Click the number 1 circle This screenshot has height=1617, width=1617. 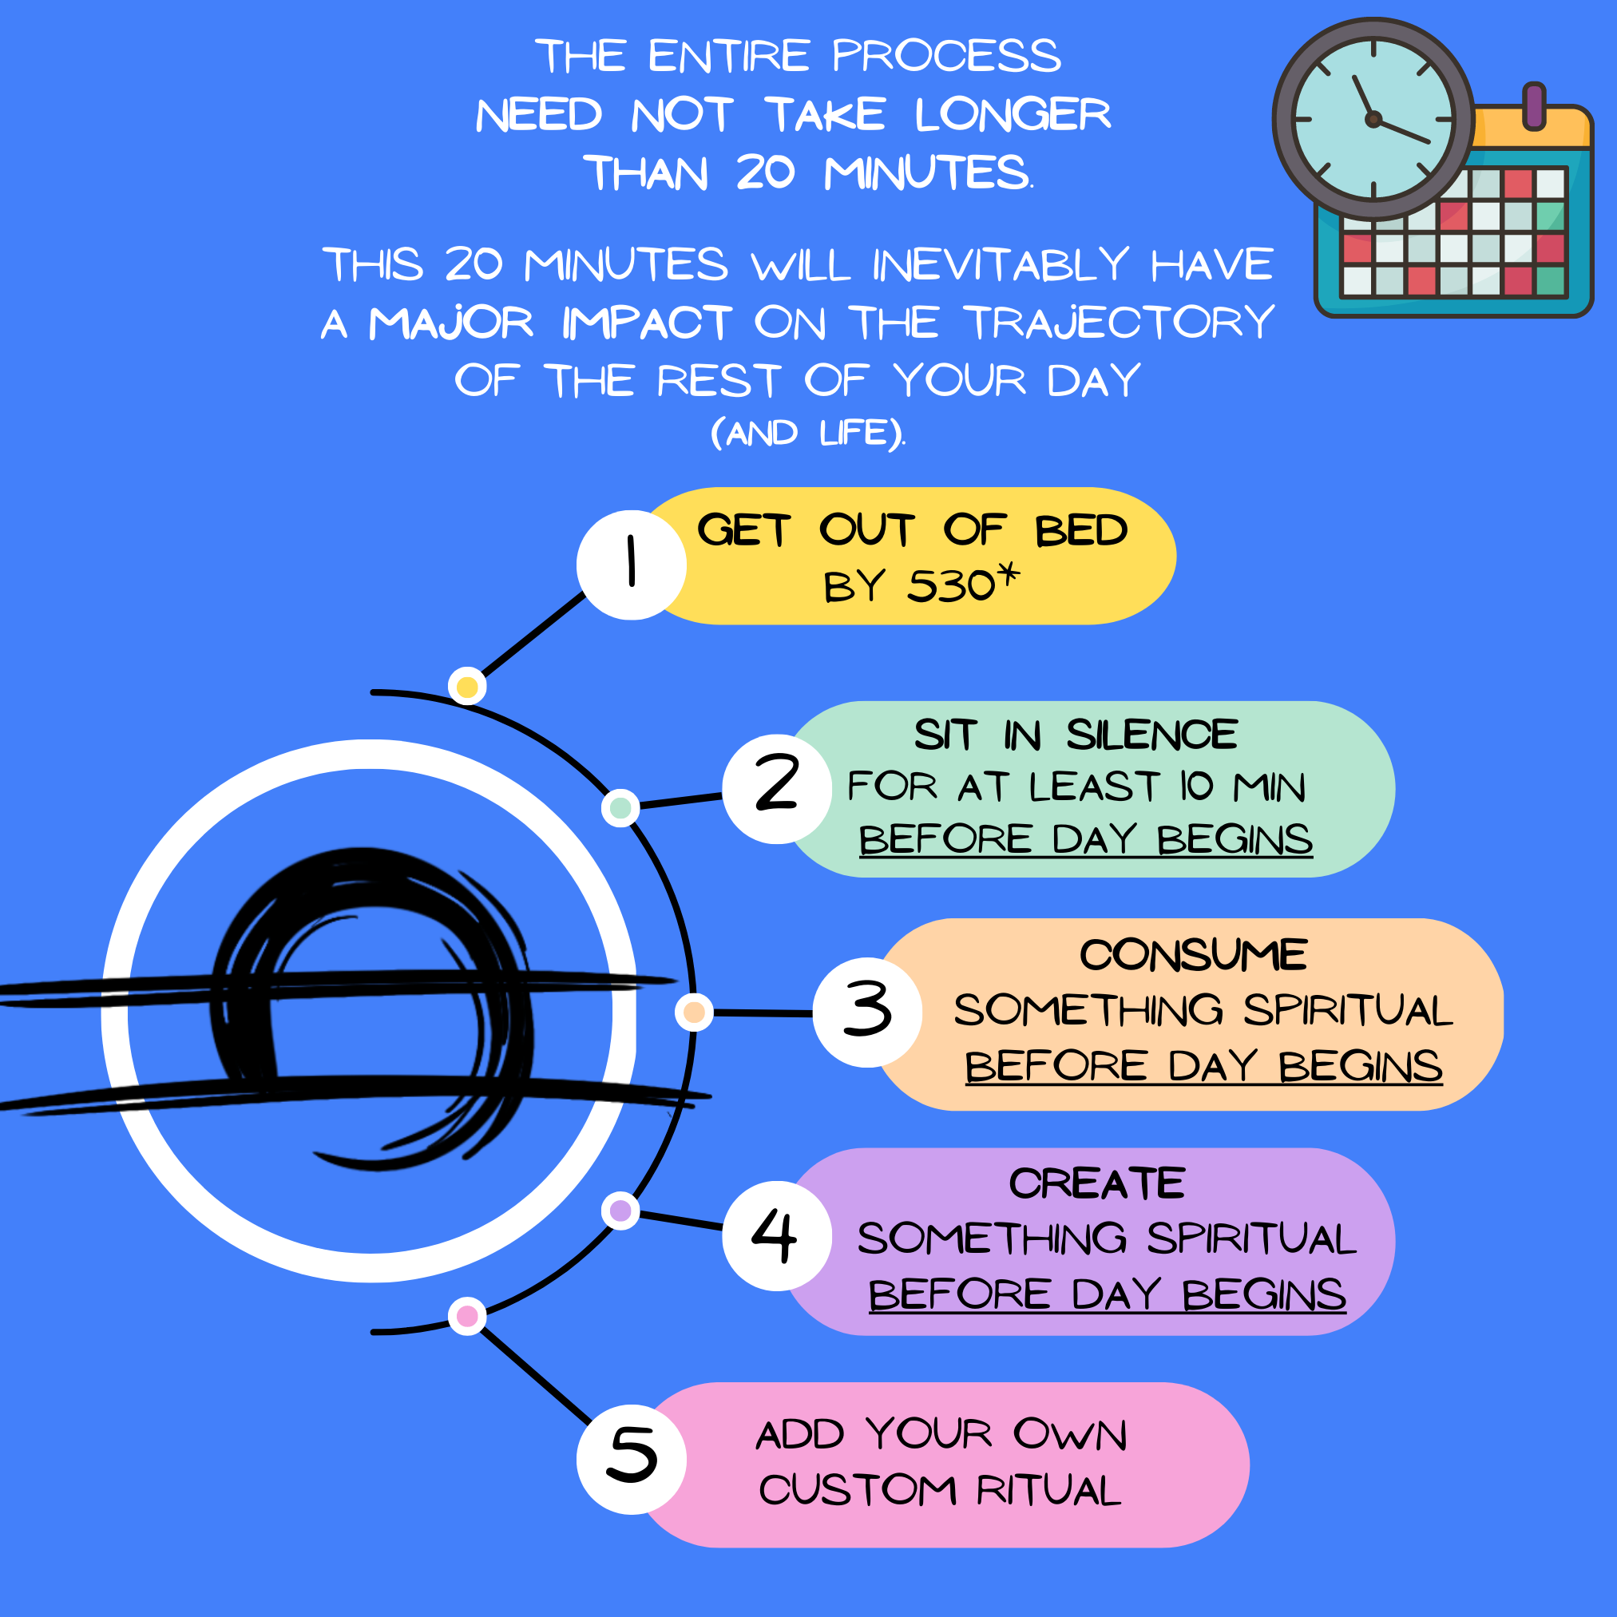click(x=631, y=565)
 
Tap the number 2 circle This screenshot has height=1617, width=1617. click(x=777, y=788)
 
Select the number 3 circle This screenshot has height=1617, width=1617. click(x=867, y=1012)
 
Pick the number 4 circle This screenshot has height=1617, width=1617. click(x=777, y=1235)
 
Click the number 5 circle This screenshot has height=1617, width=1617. click(x=631, y=1459)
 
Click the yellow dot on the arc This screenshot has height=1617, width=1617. click(x=467, y=688)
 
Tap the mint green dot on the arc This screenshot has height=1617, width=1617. click(x=620, y=807)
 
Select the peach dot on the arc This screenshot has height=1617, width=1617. click(x=694, y=1013)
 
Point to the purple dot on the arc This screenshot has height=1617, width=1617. click(x=620, y=1211)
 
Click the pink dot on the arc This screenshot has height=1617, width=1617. click(x=467, y=1317)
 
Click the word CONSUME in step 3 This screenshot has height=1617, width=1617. click(x=1193, y=955)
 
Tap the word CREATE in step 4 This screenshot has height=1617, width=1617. click(x=1096, y=1183)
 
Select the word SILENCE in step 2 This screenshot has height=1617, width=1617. click(x=1151, y=735)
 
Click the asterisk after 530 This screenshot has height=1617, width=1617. click(x=1009, y=575)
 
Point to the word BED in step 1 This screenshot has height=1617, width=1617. click(x=1081, y=531)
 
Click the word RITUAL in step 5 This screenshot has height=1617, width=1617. click(x=1048, y=1491)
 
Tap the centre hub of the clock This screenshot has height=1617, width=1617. click(x=1373, y=120)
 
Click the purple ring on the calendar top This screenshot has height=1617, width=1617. click(x=1534, y=106)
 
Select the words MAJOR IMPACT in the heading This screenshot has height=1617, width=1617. click(x=550, y=323)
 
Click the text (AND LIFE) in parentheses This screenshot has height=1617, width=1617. click(x=807, y=434)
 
